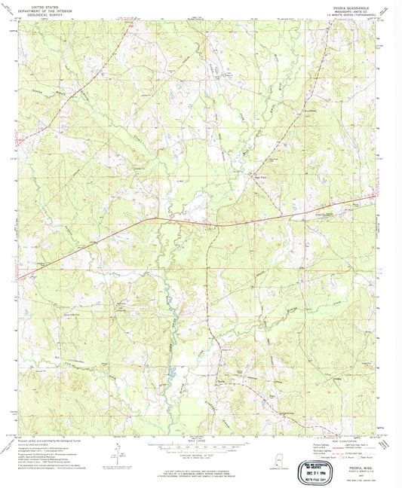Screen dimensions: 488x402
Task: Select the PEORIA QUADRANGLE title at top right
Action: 351,5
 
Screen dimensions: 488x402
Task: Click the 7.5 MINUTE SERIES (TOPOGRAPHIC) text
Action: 351,14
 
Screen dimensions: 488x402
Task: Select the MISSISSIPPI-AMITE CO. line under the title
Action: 351,11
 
